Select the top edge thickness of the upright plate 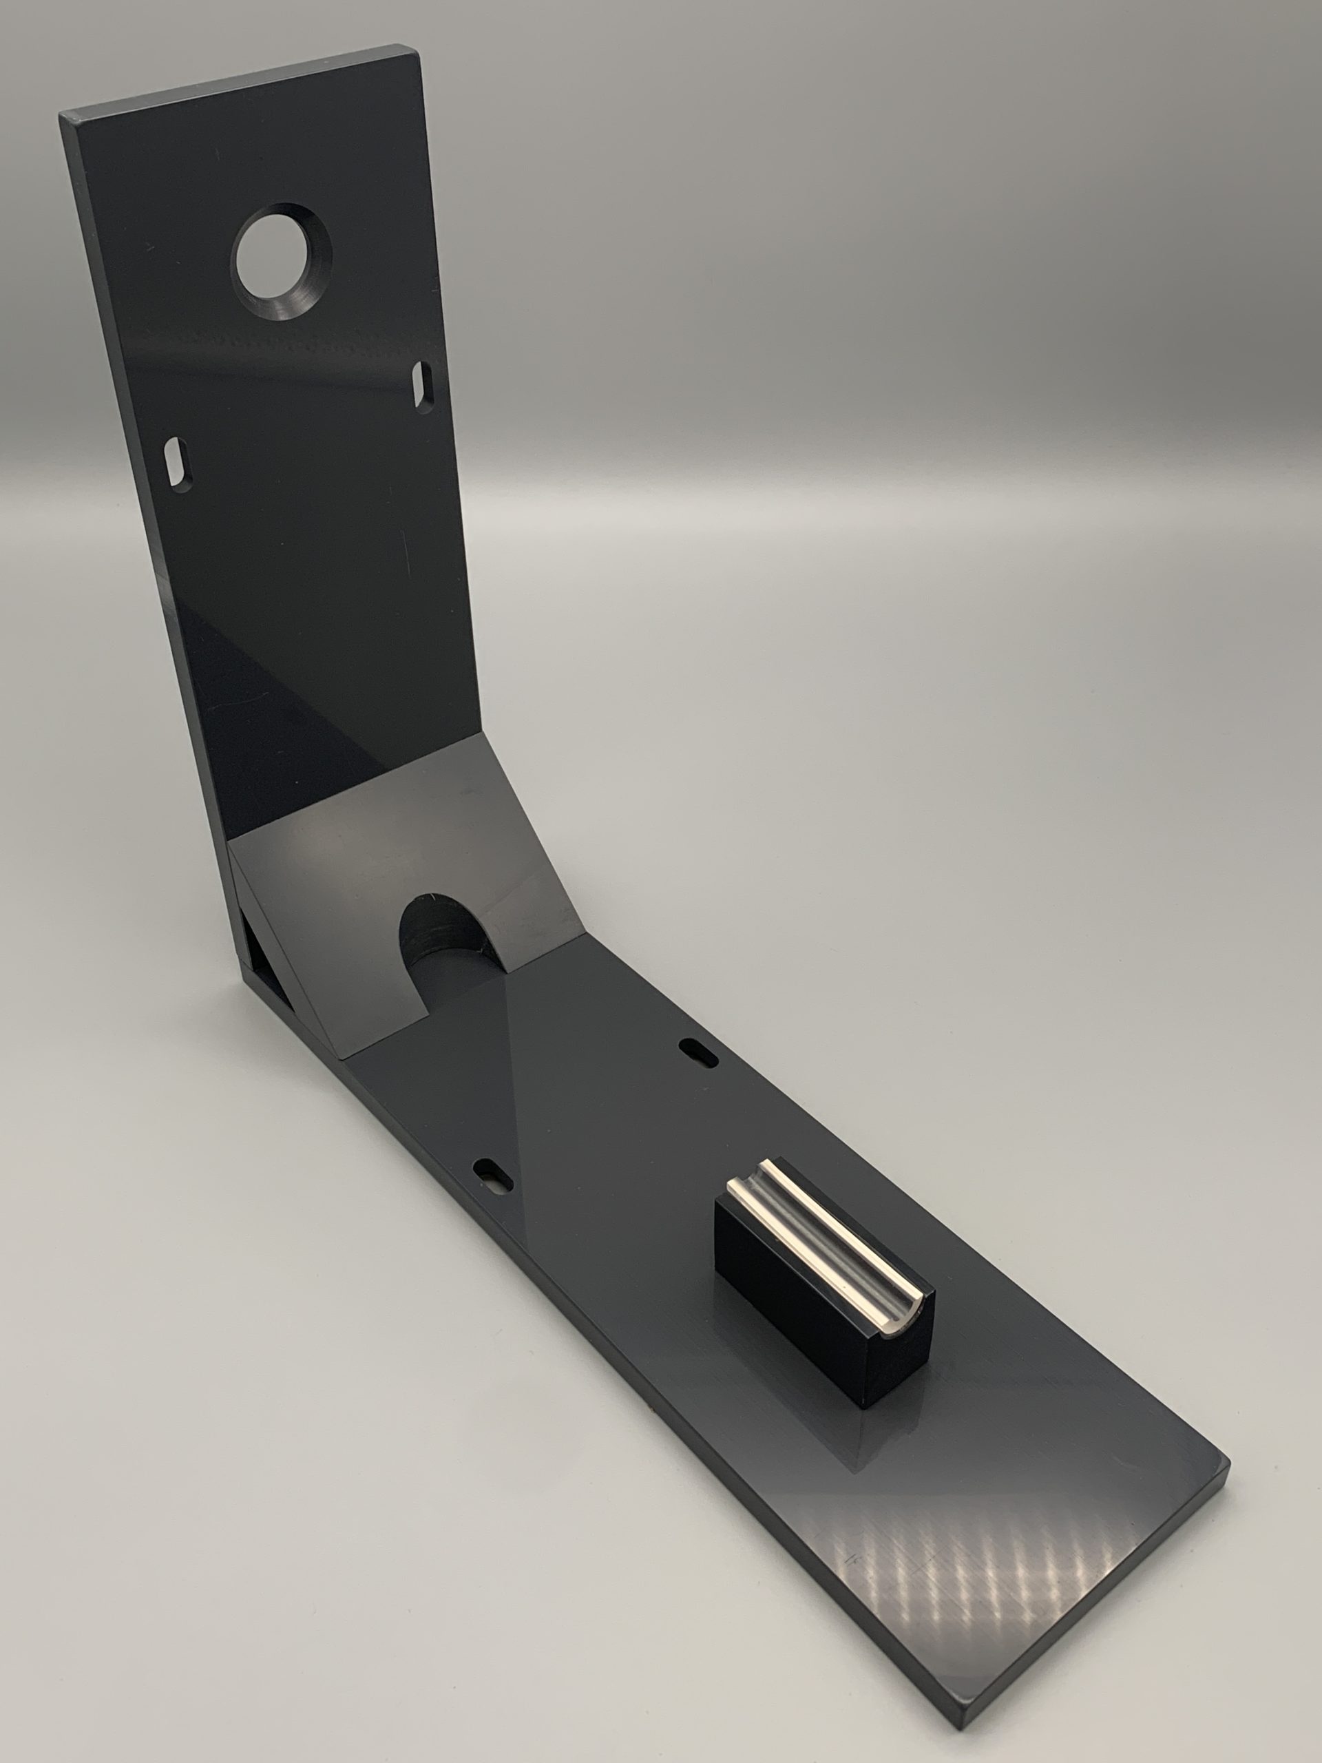(239, 84)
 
